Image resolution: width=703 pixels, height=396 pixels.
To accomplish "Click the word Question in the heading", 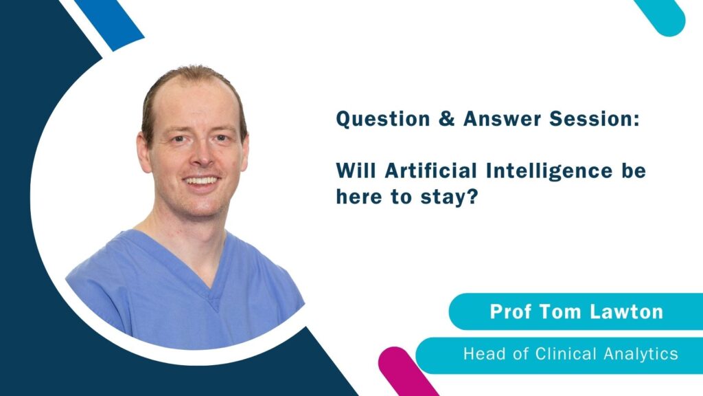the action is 383,120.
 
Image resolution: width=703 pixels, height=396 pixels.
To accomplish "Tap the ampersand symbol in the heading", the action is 446,119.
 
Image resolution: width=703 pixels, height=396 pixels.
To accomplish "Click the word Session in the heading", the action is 594,119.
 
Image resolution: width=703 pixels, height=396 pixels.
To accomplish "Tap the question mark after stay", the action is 472,197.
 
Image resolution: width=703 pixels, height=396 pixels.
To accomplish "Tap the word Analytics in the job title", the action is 641,355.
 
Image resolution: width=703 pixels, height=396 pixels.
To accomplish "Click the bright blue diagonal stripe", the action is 110,23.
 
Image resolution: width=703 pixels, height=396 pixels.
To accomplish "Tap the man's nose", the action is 203,155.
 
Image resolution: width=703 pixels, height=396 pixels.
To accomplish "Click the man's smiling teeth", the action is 202,181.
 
